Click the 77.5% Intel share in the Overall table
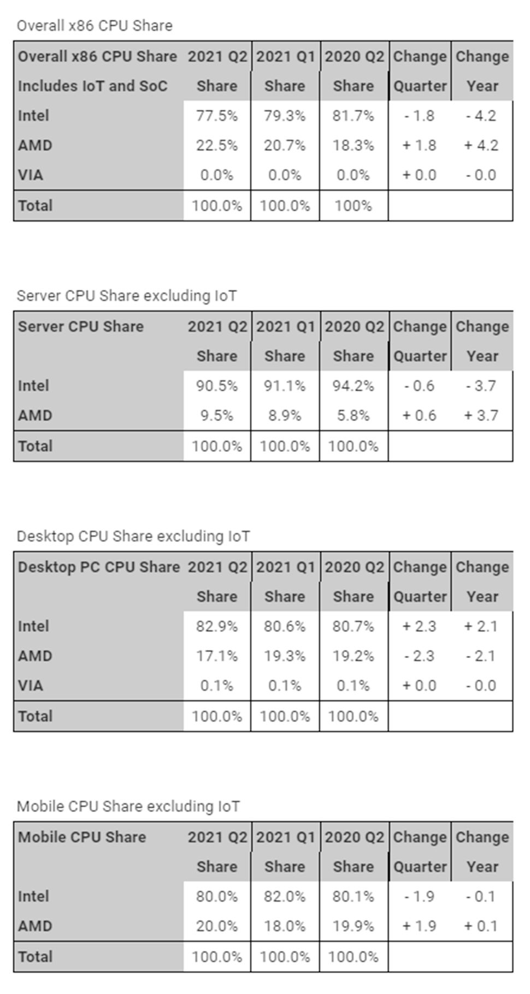click(x=217, y=116)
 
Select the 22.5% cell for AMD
click(x=217, y=145)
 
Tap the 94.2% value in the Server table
click(x=353, y=386)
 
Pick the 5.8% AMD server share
click(x=353, y=415)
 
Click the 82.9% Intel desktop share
click(x=217, y=626)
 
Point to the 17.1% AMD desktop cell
click(x=217, y=656)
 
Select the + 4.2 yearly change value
click(x=481, y=145)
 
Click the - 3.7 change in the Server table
click(x=481, y=386)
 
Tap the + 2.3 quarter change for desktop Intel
click(x=419, y=626)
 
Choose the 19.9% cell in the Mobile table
click(x=353, y=926)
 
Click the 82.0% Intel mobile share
click(x=285, y=896)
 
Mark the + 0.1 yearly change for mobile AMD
click(x=481, y=926)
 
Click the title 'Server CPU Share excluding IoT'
click(x=127, y=296)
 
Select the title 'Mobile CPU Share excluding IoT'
click(x=128, y=806)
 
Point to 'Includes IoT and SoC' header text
click(x=92, y=86)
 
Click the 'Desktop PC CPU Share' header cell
click(x=99, y=567)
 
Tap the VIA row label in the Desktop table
click(x=31, y=685)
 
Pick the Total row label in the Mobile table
click(x=36, y=956)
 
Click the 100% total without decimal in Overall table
click(x=353, y=206)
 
